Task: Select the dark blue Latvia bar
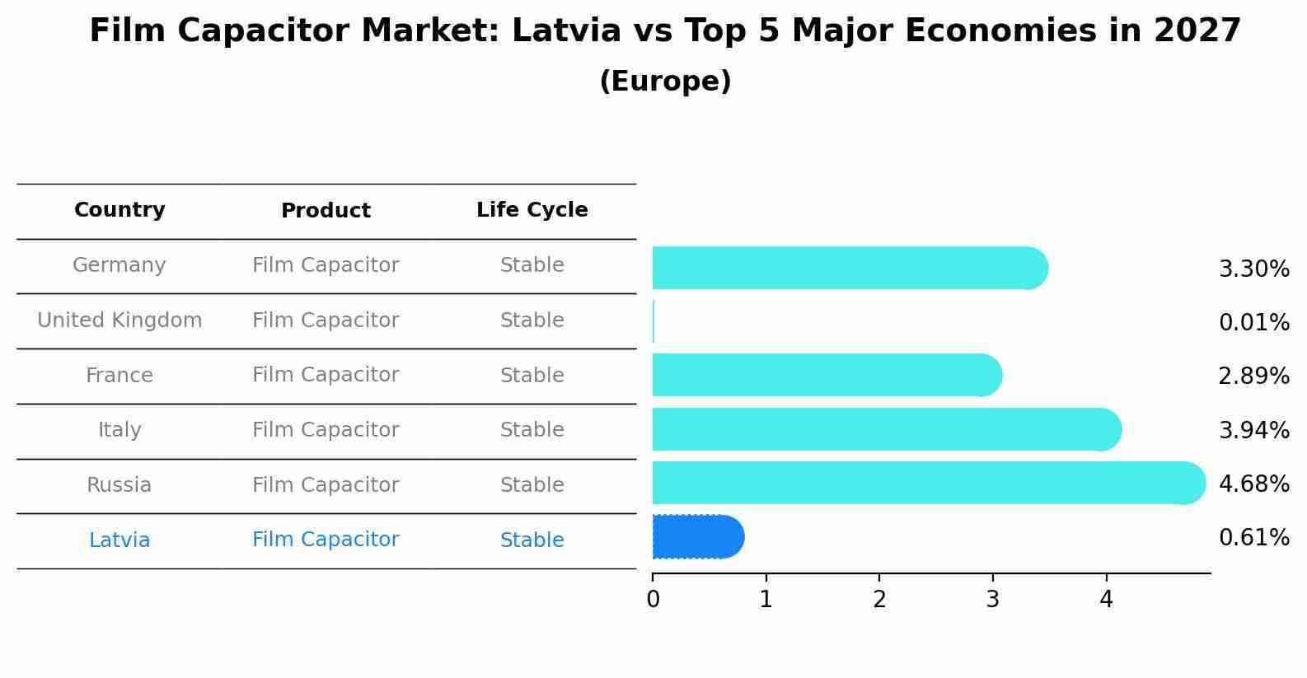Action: (697, 537)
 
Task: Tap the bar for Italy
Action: (886, 429)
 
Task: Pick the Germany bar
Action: (849, 268)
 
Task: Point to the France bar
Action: (826, 375)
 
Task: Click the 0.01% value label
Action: (1253, 323)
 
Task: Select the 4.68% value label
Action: (1253, 484)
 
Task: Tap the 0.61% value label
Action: (1253, 538)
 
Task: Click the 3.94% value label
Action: (1253, 430)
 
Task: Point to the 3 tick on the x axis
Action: (992, 600)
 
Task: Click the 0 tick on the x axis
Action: (653, 600)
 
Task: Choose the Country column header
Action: (119, 210)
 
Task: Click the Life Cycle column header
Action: (532, 210)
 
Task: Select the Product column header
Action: (326, 211)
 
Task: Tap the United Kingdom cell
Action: (119, 320)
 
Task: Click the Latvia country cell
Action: (119, 540)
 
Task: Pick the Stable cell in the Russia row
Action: (532, 485)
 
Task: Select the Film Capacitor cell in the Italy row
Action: (326, 430)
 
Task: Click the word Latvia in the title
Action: (566, 31)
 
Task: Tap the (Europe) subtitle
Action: (665, 82)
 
